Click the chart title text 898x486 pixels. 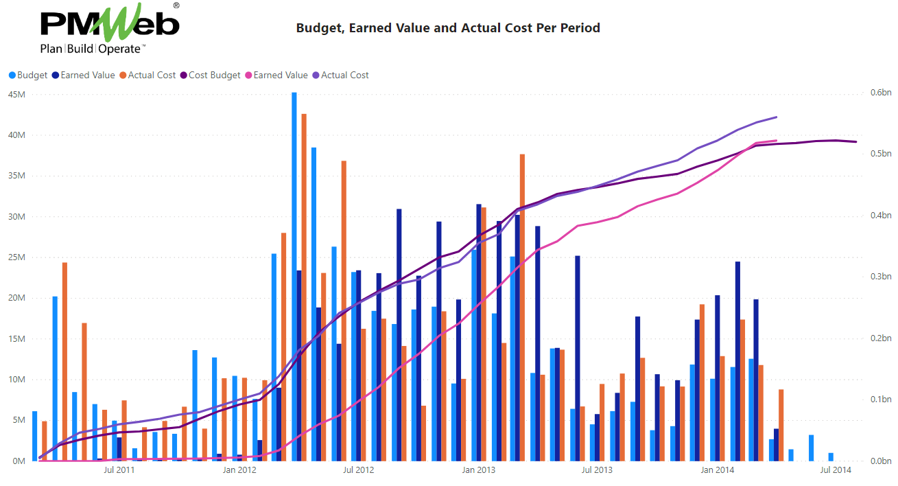448,28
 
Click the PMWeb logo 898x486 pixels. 110,23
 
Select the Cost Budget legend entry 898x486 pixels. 214,75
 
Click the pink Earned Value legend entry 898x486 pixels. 280,75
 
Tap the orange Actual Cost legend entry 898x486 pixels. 152,75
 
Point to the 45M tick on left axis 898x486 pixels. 16,95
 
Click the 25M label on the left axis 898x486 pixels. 16,257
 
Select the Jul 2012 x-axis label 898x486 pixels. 358,470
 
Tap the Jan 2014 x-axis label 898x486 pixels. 718,470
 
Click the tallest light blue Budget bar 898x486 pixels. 294,275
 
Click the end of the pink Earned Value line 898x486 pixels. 776,141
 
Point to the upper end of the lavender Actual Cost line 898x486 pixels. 776,117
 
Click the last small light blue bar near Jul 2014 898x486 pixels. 831,457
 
